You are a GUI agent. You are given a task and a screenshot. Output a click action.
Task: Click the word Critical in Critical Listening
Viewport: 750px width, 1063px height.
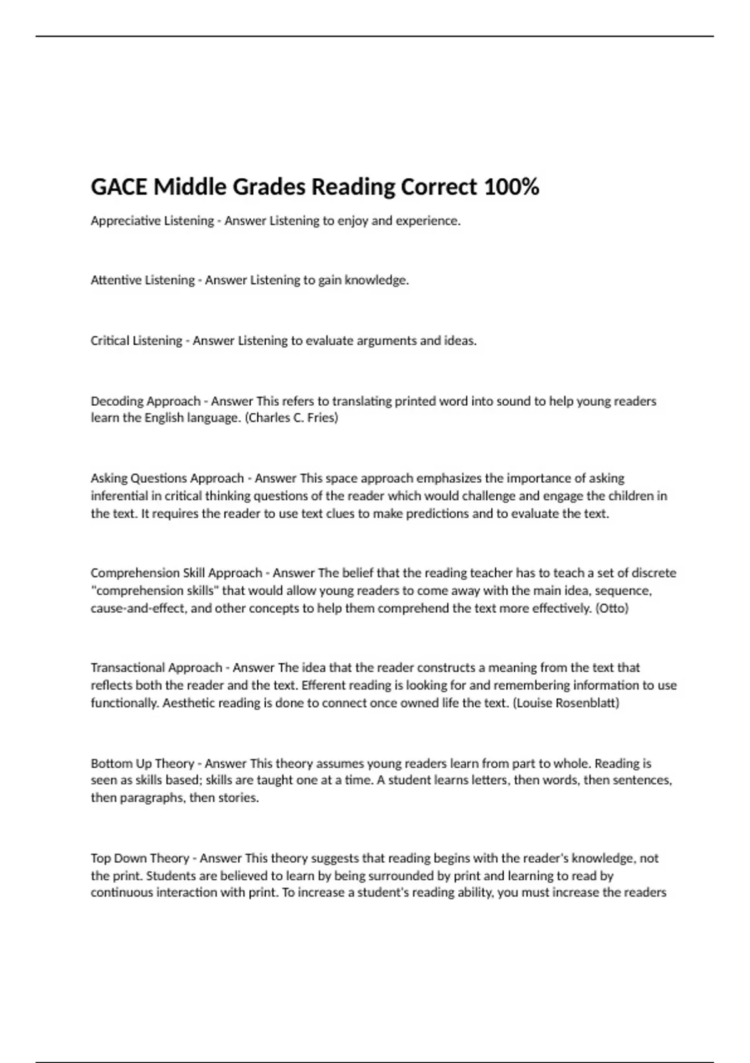click(109, 341)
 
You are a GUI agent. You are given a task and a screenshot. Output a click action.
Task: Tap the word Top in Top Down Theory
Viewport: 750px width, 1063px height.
click(101, 858)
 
